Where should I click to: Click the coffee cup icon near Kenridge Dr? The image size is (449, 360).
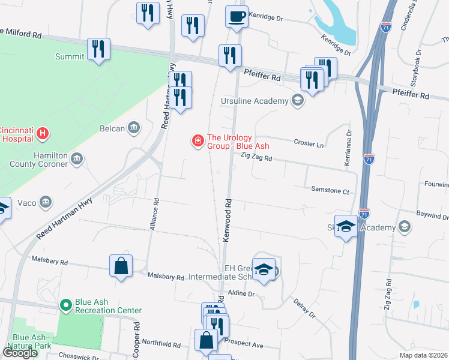[x=237, y=16]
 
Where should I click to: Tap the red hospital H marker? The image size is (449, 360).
[x=42, y=133]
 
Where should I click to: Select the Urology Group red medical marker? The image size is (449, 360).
[x=196, y=141]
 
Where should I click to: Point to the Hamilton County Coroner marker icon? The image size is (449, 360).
[x=76, y=159]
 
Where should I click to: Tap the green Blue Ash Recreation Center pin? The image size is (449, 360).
[x=66, y=305]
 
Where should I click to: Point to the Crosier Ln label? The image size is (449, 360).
[x=309, y=144]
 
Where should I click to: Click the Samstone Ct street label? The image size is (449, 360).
[x=330, y=191]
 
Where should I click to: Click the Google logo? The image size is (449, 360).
[x=20, y=353]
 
